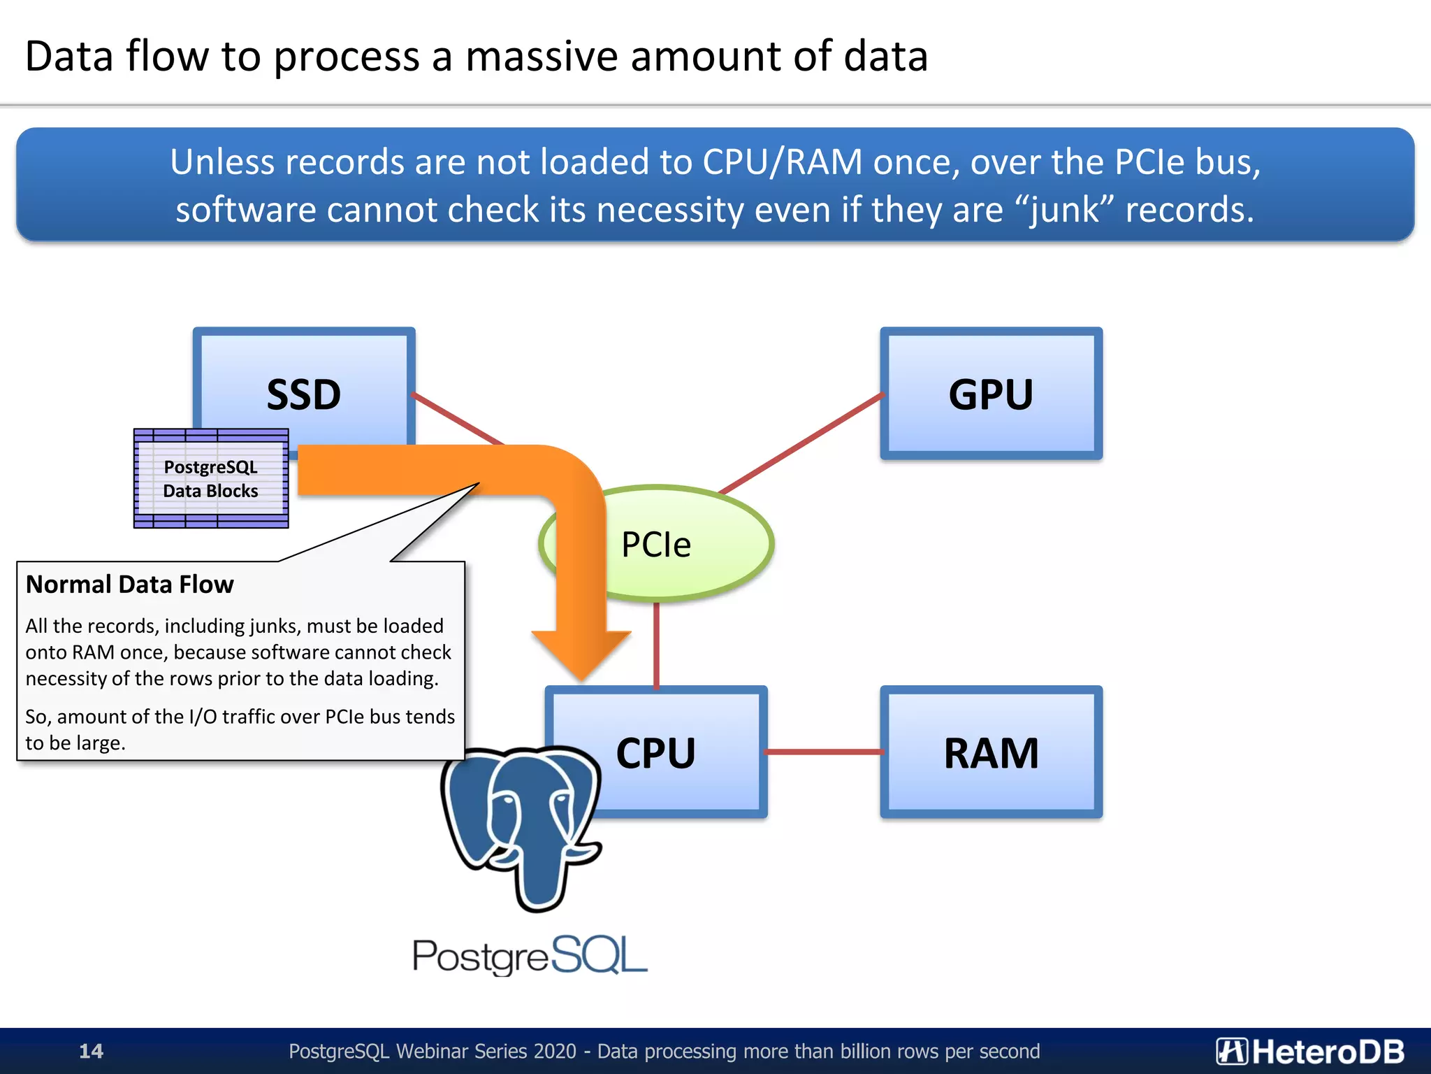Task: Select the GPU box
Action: tap(991, 394)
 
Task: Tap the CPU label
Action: tap(655, 753)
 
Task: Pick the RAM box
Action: tap(991, 752)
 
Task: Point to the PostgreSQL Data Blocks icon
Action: tap(211, 478)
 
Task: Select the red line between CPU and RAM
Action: tap(825, 752)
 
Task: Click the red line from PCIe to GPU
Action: tap(804, 443)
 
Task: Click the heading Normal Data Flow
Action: tap(130, 585)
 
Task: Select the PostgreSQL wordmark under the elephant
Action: tap(530, 956)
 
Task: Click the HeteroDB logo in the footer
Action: tap(1309, 1051)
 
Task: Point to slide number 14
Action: tap(91, 1051)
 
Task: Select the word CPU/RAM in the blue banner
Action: tap(782, 162)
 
